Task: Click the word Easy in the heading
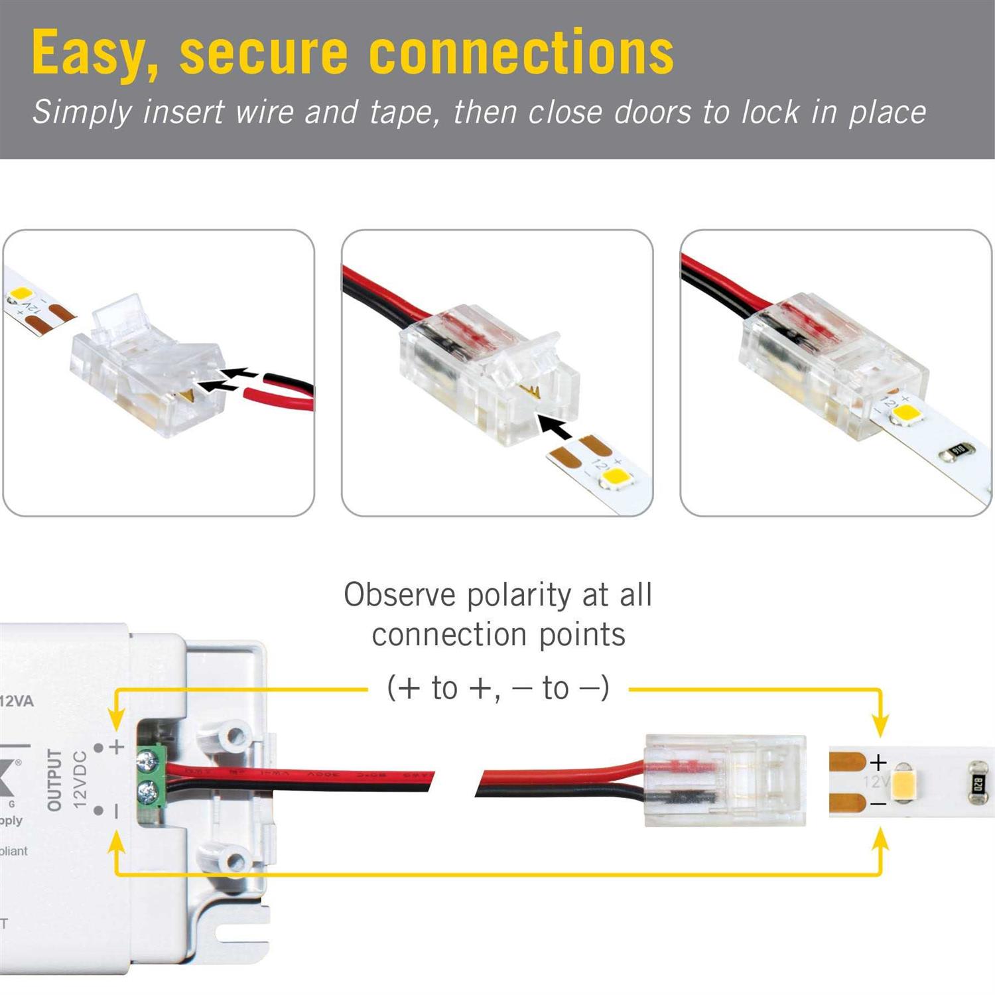pos(95,53)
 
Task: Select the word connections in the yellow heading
pos(521,53)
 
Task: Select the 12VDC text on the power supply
pos(80,779)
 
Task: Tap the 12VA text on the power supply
pos(17,701)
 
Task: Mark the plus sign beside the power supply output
pos(117,747)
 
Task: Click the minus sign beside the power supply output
pos(117,811)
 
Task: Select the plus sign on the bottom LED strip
pos(878,762)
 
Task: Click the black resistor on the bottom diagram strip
pos(978,784)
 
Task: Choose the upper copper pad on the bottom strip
pos(846,760)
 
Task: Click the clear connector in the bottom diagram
pos(725,780)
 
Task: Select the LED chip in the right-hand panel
pos(905,413)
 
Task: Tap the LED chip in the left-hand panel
pos(19,294)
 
